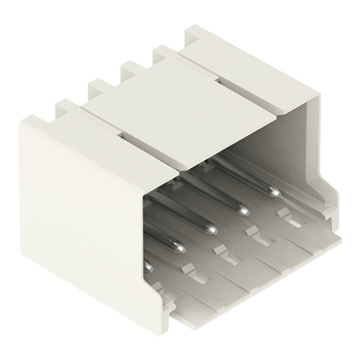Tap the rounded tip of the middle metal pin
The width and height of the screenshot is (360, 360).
[210, 229]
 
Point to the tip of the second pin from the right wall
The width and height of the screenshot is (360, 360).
[243, 210]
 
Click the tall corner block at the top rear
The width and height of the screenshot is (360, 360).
[198, 40]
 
